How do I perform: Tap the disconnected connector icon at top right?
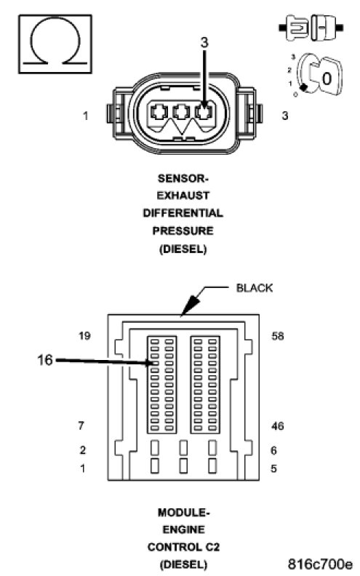(x=311, y=28)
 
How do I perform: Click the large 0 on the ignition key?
(x=327, y=79)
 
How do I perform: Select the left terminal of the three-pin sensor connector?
(x=159, y=112)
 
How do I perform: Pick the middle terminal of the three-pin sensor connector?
(x=181, y=112)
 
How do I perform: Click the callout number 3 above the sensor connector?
(x=204, y=43)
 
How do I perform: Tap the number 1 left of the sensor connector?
(x=86, y=116)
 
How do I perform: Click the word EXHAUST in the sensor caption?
(x=183, y=196)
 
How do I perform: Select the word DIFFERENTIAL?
(x=183, y=213)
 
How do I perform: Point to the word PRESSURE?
(x=183, y=231)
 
